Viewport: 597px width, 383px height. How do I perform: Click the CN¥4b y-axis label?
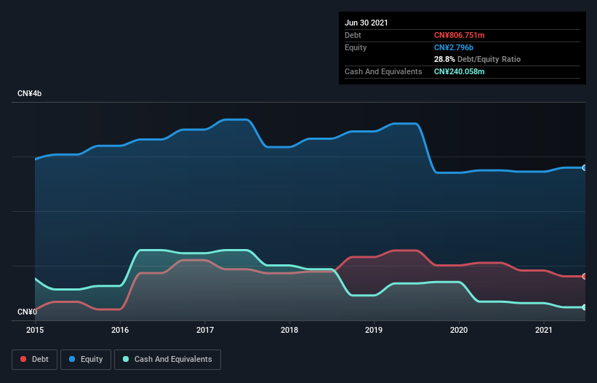point(31,94)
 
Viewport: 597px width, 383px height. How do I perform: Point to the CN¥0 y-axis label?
point(28,312)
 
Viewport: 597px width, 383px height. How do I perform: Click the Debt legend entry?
point(34,359)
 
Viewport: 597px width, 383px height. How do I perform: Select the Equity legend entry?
point(86,359)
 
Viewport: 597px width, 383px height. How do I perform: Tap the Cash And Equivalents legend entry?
point(167,359)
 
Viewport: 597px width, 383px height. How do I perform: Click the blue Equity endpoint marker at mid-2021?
point(585,167)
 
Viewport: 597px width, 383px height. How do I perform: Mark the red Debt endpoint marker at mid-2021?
point(585,276)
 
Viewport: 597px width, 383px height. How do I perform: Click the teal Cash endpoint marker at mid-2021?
point(585,307)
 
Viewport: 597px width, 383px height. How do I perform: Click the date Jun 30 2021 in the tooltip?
point(366,23)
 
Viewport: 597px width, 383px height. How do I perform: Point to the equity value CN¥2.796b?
point(453,47)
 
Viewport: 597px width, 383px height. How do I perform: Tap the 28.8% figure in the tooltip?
point(444,59)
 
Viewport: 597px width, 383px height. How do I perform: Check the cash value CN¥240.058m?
point(460,71)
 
